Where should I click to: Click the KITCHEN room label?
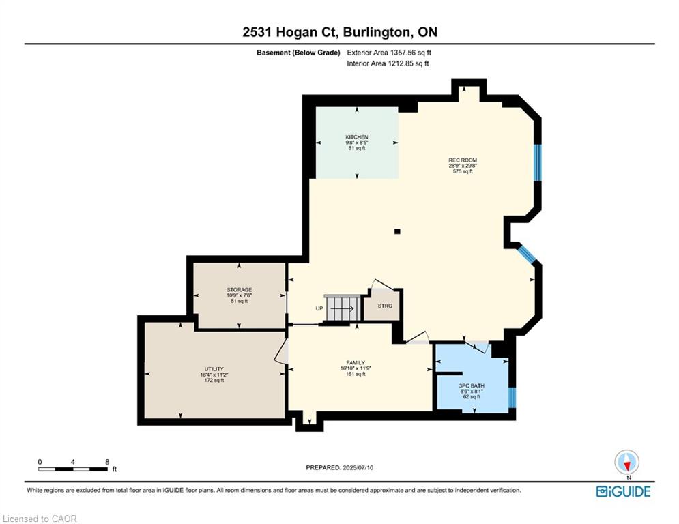click(356, 137)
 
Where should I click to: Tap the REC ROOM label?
click(463, 160)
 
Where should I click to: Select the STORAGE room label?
click(240, 290)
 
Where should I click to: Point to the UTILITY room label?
click(214, 369)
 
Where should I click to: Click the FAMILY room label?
click(355, 363)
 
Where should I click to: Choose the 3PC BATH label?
click(471, 386)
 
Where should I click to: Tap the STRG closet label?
click(385, 306)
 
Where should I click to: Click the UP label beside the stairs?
click(319, 308)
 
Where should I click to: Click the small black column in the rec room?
click(398, 231)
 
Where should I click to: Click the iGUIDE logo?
click(623, 491)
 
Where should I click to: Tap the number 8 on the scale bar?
click(107, 462)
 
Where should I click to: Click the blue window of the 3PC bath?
click(512, 396)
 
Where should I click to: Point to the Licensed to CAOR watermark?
click(40, 519)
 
